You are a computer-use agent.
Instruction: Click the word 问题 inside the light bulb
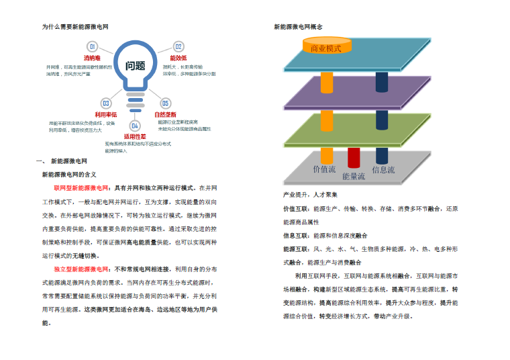(135, 66)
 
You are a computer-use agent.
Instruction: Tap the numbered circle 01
(93, 46)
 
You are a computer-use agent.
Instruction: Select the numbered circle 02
(178, 46)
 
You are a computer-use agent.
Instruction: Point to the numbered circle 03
(105, 103)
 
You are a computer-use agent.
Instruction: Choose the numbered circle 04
(135, 126)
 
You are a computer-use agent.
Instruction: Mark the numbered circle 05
(165, 103)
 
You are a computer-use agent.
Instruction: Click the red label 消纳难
(92, 58)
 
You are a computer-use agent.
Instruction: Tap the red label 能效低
(178, 58)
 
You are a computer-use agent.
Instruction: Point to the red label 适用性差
(135, 136)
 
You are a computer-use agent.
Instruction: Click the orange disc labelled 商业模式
(326, 48)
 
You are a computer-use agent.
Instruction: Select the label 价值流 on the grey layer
(325, 169)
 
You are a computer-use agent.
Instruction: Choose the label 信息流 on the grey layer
(383, 169)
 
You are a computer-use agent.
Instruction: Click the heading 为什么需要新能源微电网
(75, 27)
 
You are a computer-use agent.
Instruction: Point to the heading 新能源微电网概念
(299, 27)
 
